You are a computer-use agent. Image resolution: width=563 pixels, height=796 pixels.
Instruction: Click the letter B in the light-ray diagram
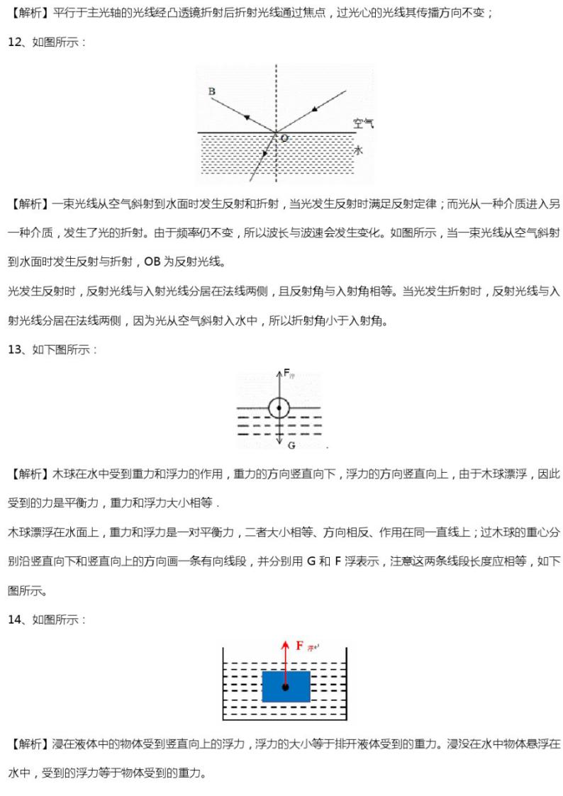click(211, 91)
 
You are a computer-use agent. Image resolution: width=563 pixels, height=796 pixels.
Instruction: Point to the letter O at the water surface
click(284, 138)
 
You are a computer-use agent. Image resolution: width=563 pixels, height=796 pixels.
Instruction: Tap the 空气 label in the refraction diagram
click(364, 123)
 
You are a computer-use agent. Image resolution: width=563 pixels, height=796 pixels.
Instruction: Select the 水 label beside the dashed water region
click(359, 150)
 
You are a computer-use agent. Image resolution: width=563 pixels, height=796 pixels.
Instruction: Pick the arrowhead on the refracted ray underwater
click(265, 153)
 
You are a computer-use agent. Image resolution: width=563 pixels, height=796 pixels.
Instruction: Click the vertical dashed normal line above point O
click(277, 92)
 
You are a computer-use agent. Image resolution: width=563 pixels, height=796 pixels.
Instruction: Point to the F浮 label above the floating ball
click(288, 373)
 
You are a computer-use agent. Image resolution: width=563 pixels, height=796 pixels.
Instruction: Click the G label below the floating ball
click(291, 444)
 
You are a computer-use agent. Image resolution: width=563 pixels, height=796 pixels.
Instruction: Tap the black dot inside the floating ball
click(279, 408)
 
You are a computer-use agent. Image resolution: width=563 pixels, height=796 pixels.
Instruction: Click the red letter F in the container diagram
click(300, 646)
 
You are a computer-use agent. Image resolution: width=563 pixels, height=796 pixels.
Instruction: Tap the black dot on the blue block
click(286, 687)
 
